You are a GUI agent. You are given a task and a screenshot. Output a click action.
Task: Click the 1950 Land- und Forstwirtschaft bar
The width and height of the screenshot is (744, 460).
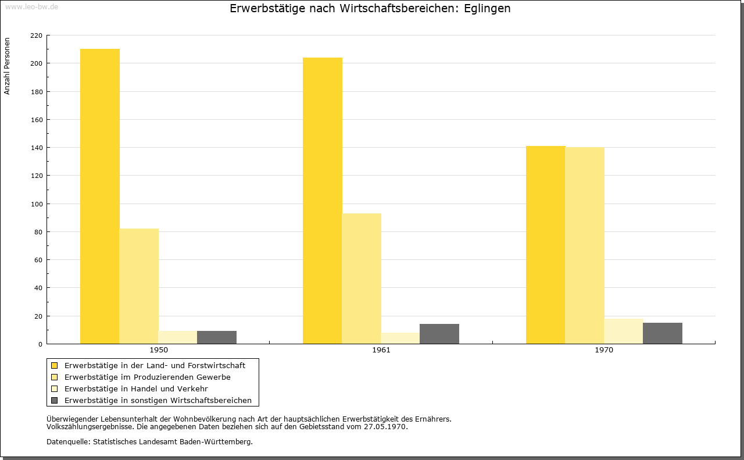tap(99, 196)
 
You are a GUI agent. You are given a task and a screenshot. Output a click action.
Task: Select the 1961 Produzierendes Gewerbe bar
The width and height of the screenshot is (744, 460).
tap(362, 279)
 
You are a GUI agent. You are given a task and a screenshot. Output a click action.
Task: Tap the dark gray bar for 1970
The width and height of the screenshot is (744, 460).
tap(662, 333)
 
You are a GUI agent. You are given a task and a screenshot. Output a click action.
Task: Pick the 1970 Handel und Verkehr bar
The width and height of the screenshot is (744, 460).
tap(624, 331)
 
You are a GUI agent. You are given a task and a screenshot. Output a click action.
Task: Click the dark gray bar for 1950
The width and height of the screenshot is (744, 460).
tap(217, 337)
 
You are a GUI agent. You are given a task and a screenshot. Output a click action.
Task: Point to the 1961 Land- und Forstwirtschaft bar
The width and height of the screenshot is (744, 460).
tap(322, 201)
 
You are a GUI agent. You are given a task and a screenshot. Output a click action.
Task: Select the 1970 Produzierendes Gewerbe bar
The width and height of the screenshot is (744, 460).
tap(585, 245)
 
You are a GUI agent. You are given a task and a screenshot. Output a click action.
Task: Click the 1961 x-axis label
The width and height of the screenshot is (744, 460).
tap(381, 350)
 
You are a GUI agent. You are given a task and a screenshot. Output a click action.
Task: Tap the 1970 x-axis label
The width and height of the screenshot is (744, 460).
tap(604, 350)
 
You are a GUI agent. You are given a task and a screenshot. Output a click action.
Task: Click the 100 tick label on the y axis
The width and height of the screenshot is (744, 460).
tap(36, 204)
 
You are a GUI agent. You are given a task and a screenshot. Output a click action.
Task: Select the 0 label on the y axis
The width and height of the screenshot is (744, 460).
tap(40, 344)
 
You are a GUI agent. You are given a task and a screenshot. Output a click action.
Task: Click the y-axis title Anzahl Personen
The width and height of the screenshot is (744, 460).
tap(7, 66)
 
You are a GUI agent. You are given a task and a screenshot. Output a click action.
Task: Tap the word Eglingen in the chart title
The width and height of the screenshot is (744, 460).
tap(487, 9)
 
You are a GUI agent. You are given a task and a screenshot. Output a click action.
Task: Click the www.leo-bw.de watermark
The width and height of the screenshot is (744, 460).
tap(31, 6)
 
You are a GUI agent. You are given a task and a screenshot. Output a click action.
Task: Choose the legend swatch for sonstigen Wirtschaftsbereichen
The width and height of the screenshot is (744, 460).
tap(54, 400)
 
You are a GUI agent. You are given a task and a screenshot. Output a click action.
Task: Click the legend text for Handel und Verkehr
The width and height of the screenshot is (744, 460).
tap(136, 388)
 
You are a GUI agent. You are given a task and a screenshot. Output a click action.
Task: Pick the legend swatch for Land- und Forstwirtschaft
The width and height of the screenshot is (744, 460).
tap(54, 366)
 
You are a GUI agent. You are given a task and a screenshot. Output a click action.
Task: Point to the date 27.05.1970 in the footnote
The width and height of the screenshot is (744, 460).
tap(385, 426)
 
